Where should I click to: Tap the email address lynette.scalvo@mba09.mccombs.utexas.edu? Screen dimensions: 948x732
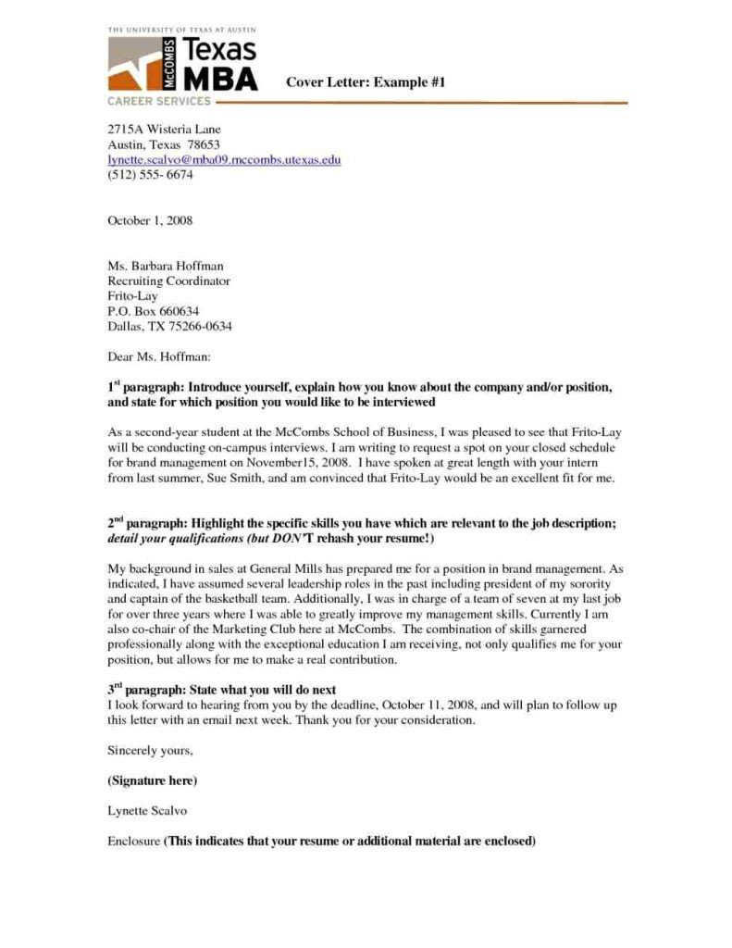(x=224, y=160)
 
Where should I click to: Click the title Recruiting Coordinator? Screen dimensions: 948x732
(x=168, y=281)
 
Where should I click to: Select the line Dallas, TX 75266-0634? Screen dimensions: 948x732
(x=169, y=325)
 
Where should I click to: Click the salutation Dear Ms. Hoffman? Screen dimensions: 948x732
(x=160, y=355)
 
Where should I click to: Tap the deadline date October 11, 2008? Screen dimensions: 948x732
(x=429, y=705)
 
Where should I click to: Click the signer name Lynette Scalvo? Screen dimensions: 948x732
(x=148, y=810)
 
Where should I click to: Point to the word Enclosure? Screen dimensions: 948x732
(x=134, y=841)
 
